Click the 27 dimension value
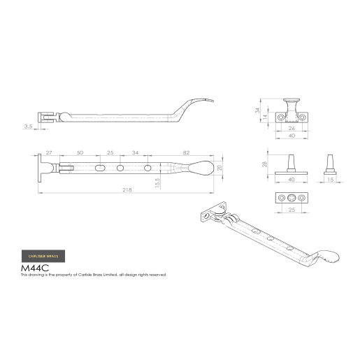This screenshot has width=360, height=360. (x=49, y=152)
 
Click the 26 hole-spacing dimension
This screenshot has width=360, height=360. (x=291, y=128)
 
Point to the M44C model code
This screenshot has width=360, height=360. (x=36, y=267)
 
